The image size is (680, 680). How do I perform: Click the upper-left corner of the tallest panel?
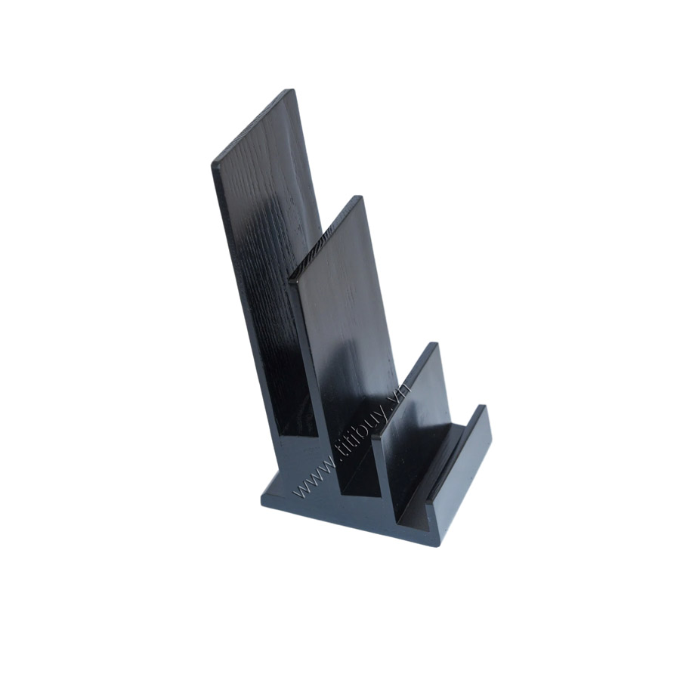coord(213,164)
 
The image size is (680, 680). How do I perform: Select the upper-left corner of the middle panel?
coord(291,280)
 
